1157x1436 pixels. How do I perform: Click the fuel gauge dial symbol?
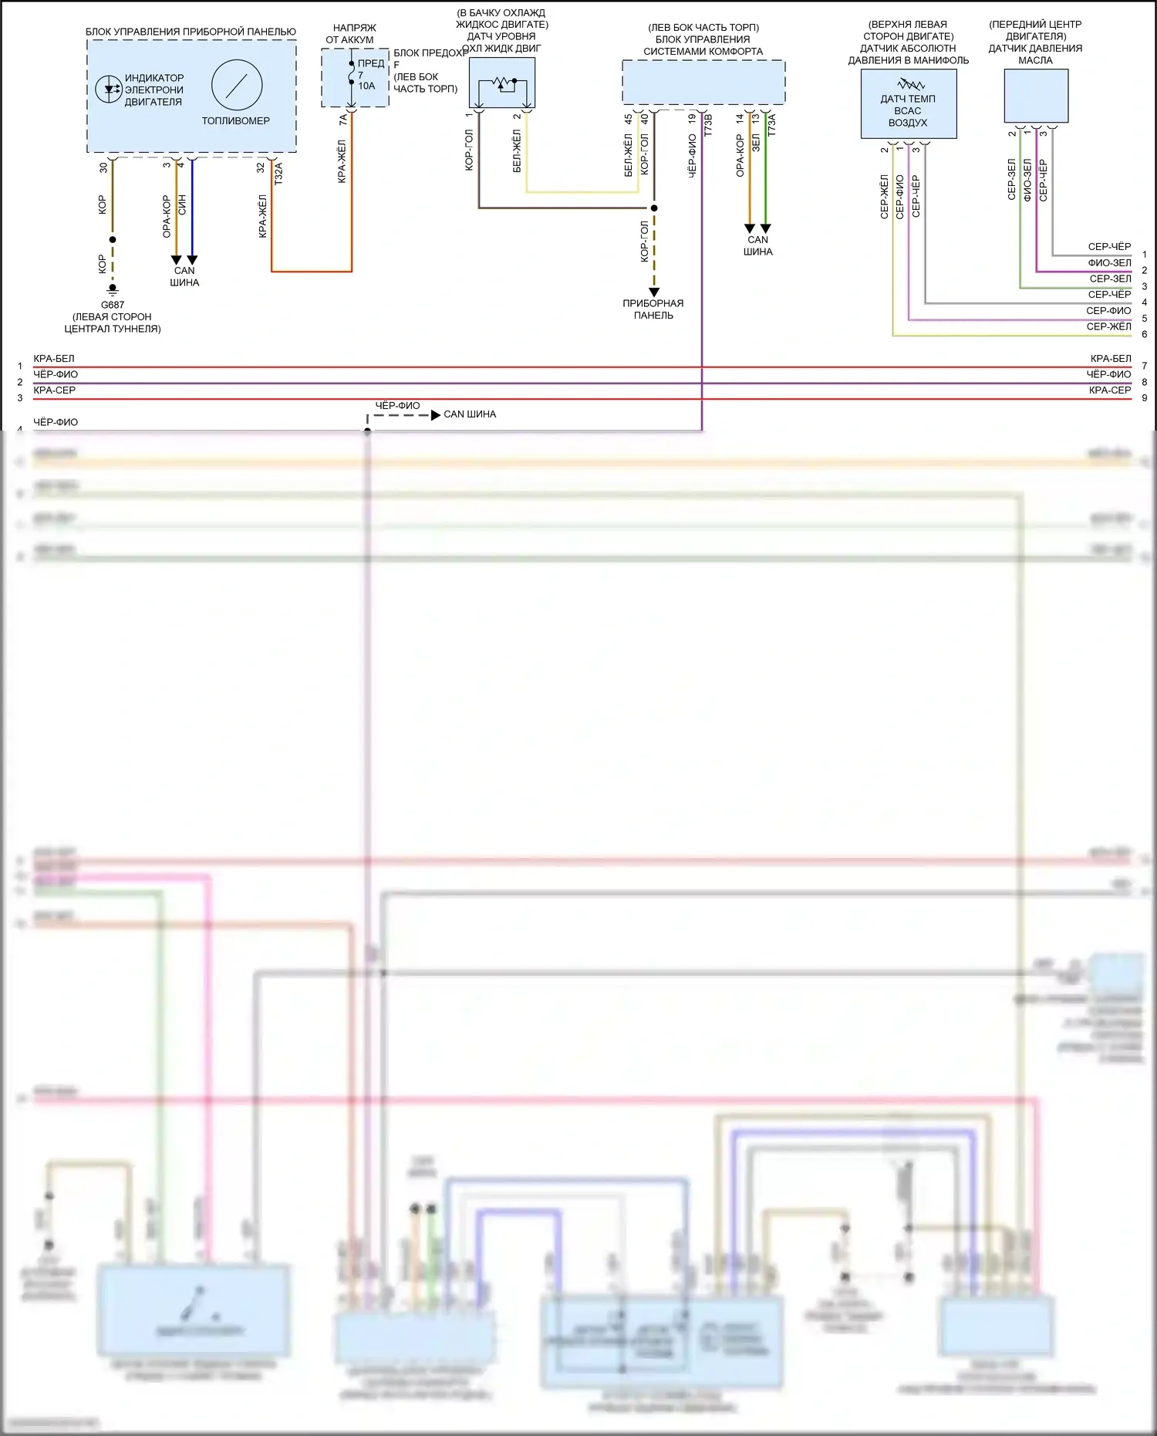237,85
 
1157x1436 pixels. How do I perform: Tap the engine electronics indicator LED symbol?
109,90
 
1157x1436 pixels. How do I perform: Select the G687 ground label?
113,305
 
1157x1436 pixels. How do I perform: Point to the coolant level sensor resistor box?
502,83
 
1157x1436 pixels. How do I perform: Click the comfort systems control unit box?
703,82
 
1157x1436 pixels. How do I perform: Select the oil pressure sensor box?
1036,96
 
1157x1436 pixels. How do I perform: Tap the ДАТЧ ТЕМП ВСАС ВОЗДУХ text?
908,110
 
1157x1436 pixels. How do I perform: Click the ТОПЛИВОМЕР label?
236,121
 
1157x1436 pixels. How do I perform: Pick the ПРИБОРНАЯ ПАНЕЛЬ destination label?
653,309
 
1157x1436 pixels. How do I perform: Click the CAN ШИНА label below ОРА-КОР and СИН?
184,276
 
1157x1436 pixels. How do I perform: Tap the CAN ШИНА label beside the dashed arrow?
470,414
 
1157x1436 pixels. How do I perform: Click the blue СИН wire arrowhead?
192,260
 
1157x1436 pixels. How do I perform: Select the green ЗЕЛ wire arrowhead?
766,228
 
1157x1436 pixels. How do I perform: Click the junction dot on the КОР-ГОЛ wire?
654,208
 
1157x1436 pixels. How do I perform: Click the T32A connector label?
278,173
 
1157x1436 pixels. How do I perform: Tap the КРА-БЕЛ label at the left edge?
54,359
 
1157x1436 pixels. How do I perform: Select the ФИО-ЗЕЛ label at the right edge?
1109,263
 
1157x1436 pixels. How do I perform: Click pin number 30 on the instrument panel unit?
103,167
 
